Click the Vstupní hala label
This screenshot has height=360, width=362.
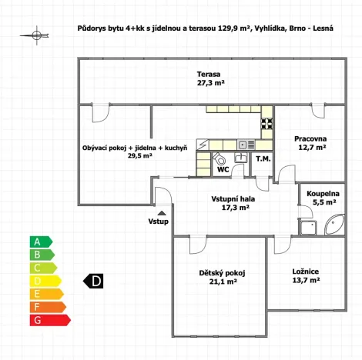click(233, 198)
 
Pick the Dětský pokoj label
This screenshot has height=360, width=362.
click(222, 272)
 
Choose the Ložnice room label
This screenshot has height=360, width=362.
click(306, 272)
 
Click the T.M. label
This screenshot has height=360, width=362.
click(263, 159)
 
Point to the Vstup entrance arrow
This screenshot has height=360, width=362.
click(162, 213)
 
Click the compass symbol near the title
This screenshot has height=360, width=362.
click(36, 34)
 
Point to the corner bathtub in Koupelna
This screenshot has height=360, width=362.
click(336, 225)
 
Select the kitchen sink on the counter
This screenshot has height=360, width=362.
click(242, 144)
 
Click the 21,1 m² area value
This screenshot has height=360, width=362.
click(222, 282)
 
